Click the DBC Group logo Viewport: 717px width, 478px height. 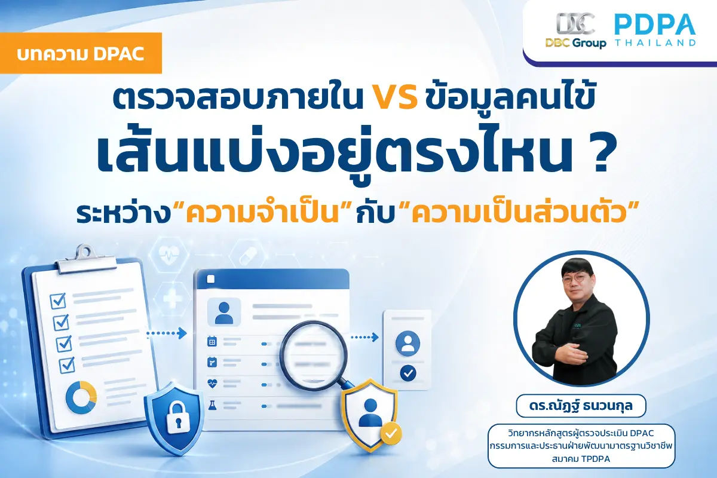(575, 30)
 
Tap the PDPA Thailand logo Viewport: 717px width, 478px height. (655, 30)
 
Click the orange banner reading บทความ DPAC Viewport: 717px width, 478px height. (81, 53)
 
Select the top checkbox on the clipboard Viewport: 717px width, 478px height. (58, 301)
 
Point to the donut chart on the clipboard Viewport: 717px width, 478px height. (81, 397)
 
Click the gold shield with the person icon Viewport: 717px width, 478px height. (370, 415)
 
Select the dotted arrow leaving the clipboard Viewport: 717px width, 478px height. (167, 333)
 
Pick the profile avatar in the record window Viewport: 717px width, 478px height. (224, 312)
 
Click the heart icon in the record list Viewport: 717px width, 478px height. (212, 383)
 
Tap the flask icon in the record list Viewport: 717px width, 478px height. (212, 405)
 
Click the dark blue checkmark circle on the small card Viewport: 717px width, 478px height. (408, 373)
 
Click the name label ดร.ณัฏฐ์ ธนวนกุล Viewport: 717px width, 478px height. (581, 406)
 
